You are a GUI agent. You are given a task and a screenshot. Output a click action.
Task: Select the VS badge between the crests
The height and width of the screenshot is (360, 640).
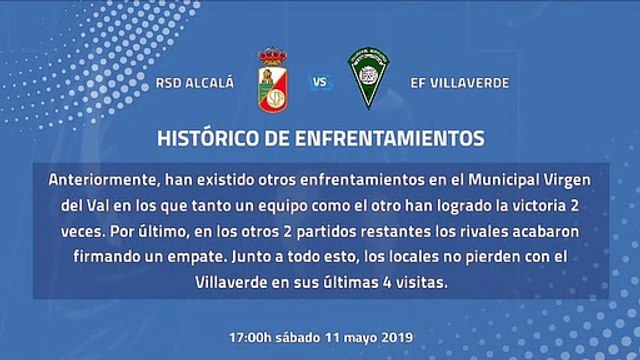[319, 84]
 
